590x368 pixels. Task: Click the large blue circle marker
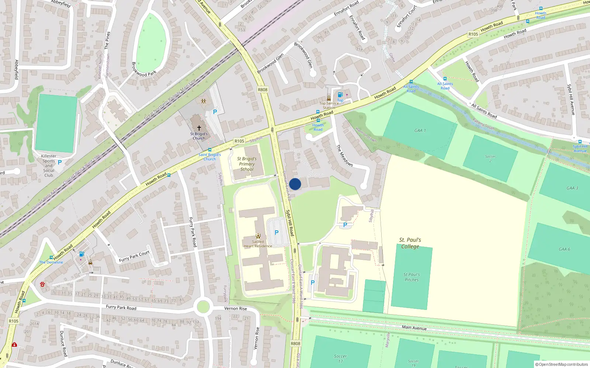pyautogui.click(x=295, y=184)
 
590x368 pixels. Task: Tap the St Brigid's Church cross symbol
pyautogui.click(x=199, y=128)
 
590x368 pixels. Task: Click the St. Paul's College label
pyautogui.click(x=410, y=243)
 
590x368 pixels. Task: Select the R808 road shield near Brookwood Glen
pyautogui.click(x=263, y=90)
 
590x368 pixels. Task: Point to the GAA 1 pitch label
pyautogui.click(x=420, y=131)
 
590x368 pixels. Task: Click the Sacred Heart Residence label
pyautogui.click(x=258, y=244)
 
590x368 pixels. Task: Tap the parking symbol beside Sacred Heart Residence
pyautogui.click(x=277, y=233)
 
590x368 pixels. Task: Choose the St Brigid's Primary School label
pyautogui.click(x=247, y=164)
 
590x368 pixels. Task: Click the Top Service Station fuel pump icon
pyautogui.click(x=340, y=95)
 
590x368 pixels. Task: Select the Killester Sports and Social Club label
pyautogui.click(x=49, y=166)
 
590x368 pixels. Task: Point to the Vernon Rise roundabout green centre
pyautogui.click(x=203, y=307)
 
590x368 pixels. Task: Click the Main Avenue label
pyautogui.click(x=414, y=328)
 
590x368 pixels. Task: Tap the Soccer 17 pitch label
pyautogui.click(x=340, y=358)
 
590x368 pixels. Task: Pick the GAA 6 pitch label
pyautogui.click(x=564, y=249)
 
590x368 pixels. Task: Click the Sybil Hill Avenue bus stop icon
pyautogui.click(x=580, y=142)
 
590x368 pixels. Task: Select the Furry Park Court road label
pyautogui.click(x=134, y=256)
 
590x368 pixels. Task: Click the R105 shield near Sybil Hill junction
pyautogui.click(x=239, y=141)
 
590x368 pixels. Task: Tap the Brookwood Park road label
pyautogui.click(x=144, y=69)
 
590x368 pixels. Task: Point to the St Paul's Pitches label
pyautogui.click(x=412, y=277)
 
